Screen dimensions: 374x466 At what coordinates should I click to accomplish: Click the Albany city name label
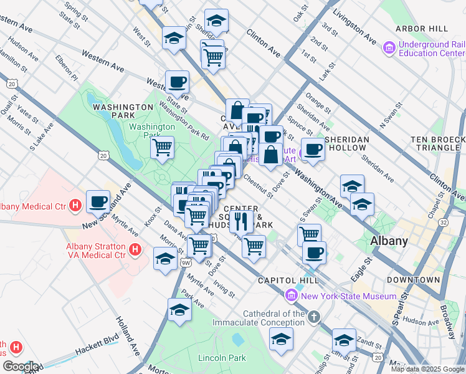pos(389,241)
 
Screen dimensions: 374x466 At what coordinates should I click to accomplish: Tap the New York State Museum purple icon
pos(291,295)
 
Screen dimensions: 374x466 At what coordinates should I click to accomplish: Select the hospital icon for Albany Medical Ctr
pos(75,204)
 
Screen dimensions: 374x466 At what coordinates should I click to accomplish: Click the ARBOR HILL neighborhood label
pos(421,29)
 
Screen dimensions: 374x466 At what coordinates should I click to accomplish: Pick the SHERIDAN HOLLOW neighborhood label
pos(348,143)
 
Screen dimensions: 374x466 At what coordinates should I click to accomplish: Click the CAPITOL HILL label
pos(288,280)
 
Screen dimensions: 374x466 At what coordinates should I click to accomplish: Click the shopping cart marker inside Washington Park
pos(162,148)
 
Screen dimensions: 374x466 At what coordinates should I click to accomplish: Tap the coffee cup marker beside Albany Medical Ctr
pos(98,201)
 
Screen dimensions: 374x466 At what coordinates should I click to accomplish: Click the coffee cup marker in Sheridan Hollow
pos(313,149)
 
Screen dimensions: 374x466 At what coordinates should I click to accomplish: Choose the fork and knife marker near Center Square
pos(240,220)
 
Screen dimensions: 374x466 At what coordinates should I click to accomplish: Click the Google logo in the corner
pos(21,367)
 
